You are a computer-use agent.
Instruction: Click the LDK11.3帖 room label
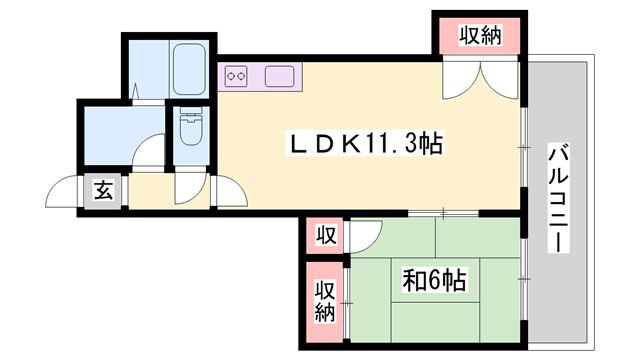click(359, 144)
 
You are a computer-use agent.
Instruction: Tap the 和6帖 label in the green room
click(433, 280)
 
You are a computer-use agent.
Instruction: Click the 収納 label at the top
click(480, 36)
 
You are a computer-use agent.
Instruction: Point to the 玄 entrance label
click(103, 190)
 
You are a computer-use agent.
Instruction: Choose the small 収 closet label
click(325, 237)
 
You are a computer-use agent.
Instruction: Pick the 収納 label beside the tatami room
click(325, 299)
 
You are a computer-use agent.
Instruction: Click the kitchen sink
click(278, 75)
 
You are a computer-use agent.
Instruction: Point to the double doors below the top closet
click(479, 80)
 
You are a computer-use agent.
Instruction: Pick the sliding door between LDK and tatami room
click(441, 213)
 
